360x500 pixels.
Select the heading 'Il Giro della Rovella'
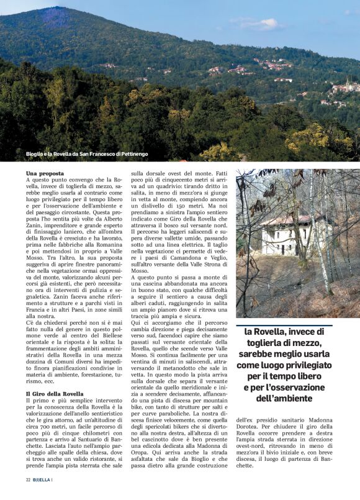pos(55,394)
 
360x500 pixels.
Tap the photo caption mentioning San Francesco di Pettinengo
pos(87,154)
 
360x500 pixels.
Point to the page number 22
pos(29,480)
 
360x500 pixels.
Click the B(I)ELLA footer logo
pos(43,480)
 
